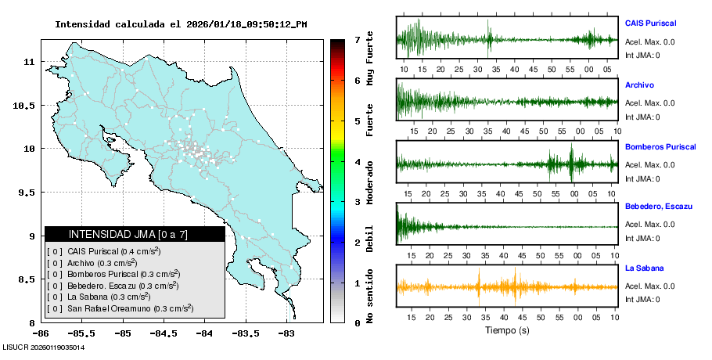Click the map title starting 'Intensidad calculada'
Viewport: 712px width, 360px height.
181,24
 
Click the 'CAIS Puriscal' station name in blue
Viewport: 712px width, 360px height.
650,23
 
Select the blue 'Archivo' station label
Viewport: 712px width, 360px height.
639,85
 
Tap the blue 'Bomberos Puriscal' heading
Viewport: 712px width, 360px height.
659,146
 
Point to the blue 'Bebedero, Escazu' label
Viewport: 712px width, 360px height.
659,206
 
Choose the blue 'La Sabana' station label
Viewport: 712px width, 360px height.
644,268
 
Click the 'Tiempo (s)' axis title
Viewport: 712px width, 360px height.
507,331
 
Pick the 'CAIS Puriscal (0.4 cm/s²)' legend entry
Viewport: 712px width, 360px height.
114,251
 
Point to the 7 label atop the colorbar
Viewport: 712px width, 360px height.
357,39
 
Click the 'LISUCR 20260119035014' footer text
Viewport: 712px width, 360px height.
44,347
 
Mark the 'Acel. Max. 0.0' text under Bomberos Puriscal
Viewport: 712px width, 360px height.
649,164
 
